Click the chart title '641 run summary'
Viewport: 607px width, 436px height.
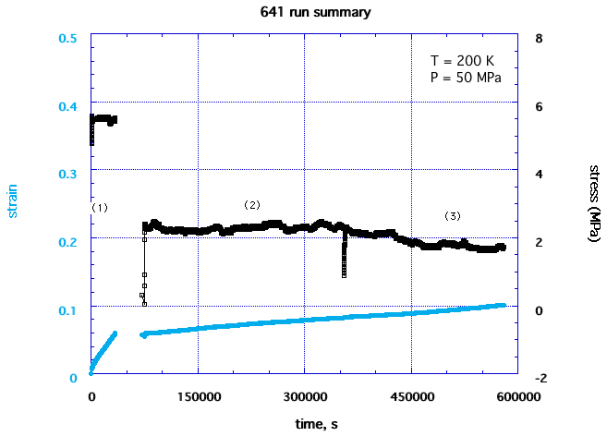tap(303, 13)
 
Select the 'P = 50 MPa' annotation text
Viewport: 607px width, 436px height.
tap(466, 78)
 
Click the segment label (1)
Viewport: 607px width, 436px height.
tap(100, 208)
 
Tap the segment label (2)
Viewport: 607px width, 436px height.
tap(252, 204)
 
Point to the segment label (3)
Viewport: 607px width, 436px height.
tap(452, 215)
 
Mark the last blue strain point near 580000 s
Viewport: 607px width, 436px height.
tap(503, 305)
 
